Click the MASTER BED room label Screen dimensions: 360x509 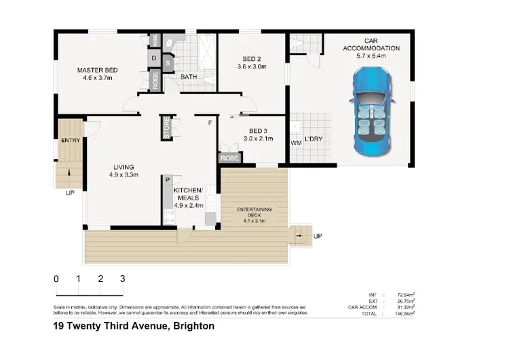pyautogui.click(x=98, y=70)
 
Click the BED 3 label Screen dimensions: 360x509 pyautogui.click(x=258, y=131)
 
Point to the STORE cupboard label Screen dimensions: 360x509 pyautogui.click(x=166, y=127)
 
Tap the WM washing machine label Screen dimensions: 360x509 pyautogui.click(x=296, y=143)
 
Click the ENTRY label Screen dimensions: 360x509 pyautogui.click(x=70, y=141)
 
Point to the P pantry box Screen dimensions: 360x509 pyautogui.click(x=166, y=180)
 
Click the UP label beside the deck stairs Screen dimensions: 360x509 pyautogui.click(x=317, y=236)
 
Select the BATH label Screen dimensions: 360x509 pyautogui.click(x=189, y=77)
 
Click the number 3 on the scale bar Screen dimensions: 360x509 pyautogui.click(x=122, y=278)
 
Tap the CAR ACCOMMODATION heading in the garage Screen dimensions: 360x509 pyautogui.click(x=372, y=44)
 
